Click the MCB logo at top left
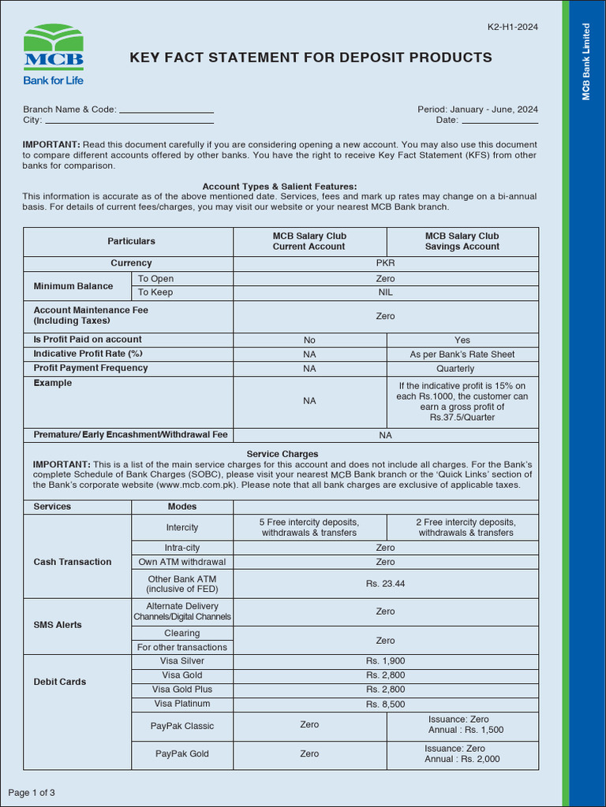[53, 54]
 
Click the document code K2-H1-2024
[513, 28]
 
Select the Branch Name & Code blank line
[166, 111]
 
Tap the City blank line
[129, 121]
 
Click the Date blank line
[499, 121]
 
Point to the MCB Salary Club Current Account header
[309, 241]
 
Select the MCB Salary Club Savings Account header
[462, 241]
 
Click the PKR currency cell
[385, 263]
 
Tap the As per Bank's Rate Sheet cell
[462, 355]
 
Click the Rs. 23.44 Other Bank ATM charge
[385, 584]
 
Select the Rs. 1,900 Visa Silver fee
[385, 661]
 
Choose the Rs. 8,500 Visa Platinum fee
[385, 705]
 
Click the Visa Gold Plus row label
[181, 690]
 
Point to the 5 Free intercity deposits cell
[309, 527]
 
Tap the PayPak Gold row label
[181, 754]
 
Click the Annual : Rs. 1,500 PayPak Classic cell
[465, 730]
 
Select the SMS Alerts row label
[58, 625]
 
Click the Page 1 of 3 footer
[32, 792]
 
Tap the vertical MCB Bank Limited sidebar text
[586, 61]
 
